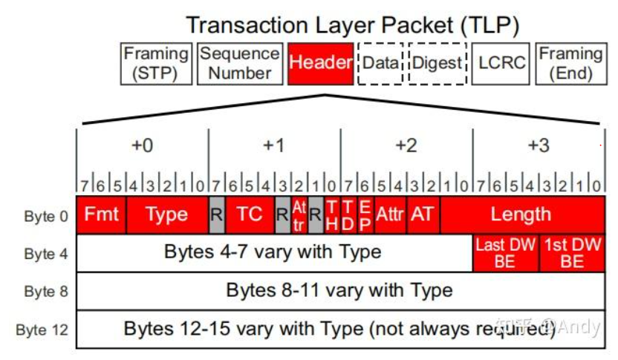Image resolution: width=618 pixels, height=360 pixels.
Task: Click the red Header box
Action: pos(320,63)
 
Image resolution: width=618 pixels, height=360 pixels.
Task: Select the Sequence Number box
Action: pos(240,63)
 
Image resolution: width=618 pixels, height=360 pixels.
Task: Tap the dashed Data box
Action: pos(381,63)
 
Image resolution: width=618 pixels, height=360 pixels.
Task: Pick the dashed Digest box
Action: pos(436,63)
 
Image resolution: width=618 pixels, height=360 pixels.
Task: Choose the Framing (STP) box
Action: pos(156,63)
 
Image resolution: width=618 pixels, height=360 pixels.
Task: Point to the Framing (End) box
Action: pos(570,63)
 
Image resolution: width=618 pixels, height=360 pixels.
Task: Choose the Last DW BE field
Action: pos(505,253)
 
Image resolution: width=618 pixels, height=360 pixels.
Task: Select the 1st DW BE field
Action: pos(571,253)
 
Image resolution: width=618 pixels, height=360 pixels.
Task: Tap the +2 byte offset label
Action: pos(406,145)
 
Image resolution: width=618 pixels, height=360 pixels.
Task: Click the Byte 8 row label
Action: pos(46,291)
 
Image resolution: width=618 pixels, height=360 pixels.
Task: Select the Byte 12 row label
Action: pos(43,329)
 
